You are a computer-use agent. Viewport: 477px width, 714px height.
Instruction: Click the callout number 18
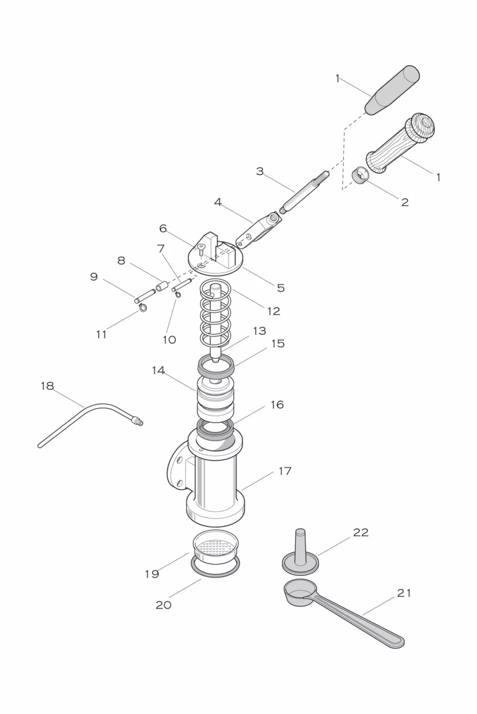(47, 386)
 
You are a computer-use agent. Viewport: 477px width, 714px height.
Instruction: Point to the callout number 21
(403, 593)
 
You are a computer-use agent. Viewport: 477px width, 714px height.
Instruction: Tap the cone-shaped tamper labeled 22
(300, 551)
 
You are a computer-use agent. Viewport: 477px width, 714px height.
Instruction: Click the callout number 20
(163, 605)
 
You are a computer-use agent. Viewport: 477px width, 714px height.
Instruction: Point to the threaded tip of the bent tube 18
(137, 421)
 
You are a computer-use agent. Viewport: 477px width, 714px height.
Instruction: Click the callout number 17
(285, 471)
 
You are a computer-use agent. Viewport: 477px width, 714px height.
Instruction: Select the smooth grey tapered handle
(392, 91)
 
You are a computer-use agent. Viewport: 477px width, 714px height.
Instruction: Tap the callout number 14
(158, 370)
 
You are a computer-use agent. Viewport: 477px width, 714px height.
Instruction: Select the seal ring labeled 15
(216, 366)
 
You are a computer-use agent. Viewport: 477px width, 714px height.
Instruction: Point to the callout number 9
(94, 277)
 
